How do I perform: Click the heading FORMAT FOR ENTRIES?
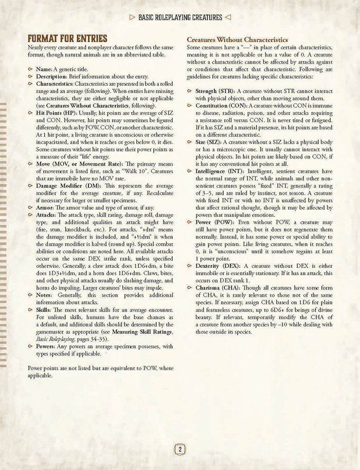click(x=67, y=39)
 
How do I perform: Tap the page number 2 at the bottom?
click(x=179, y=449)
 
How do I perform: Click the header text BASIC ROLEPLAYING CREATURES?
click(x=180, y=17)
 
